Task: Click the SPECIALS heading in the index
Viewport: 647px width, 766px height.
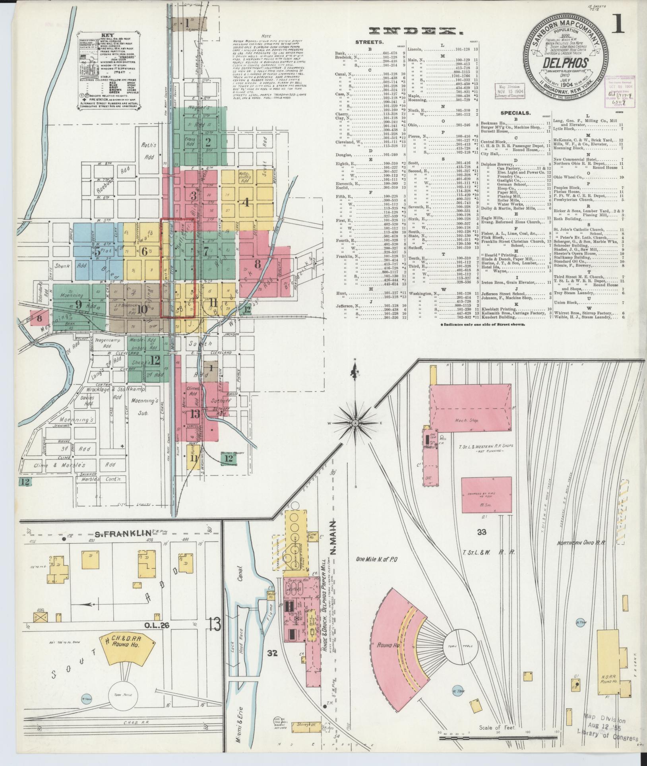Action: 515,113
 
